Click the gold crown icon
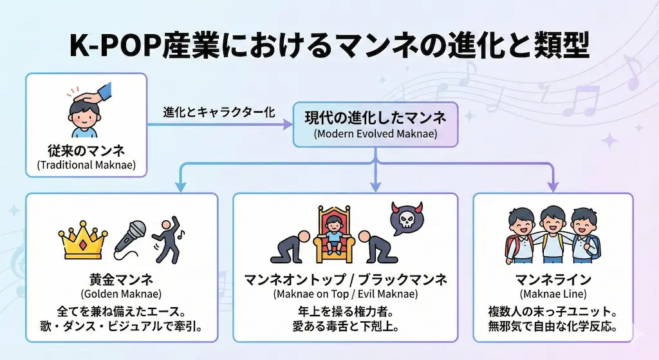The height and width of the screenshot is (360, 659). pyautogui.click(x=82, y=241)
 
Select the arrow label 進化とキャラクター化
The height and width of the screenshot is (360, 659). pyautogui.click(x=219, y=111)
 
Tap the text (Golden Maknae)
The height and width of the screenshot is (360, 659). pyautogui.click(x=122, y=294)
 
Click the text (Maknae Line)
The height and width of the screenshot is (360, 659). pyautogui.click(x=553, y=294)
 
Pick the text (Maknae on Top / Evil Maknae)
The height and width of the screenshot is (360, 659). pyautogui.click(x=345, y=294)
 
